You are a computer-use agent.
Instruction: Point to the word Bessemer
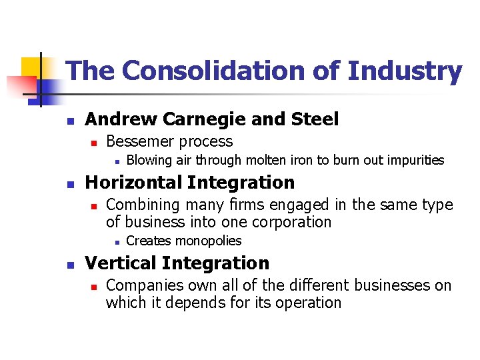(137, 141)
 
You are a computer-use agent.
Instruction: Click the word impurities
(413, 160)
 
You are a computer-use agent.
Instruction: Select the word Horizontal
(134, 182)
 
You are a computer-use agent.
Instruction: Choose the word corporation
(292, 222)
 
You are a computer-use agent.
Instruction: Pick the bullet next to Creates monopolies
(116, 241)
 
